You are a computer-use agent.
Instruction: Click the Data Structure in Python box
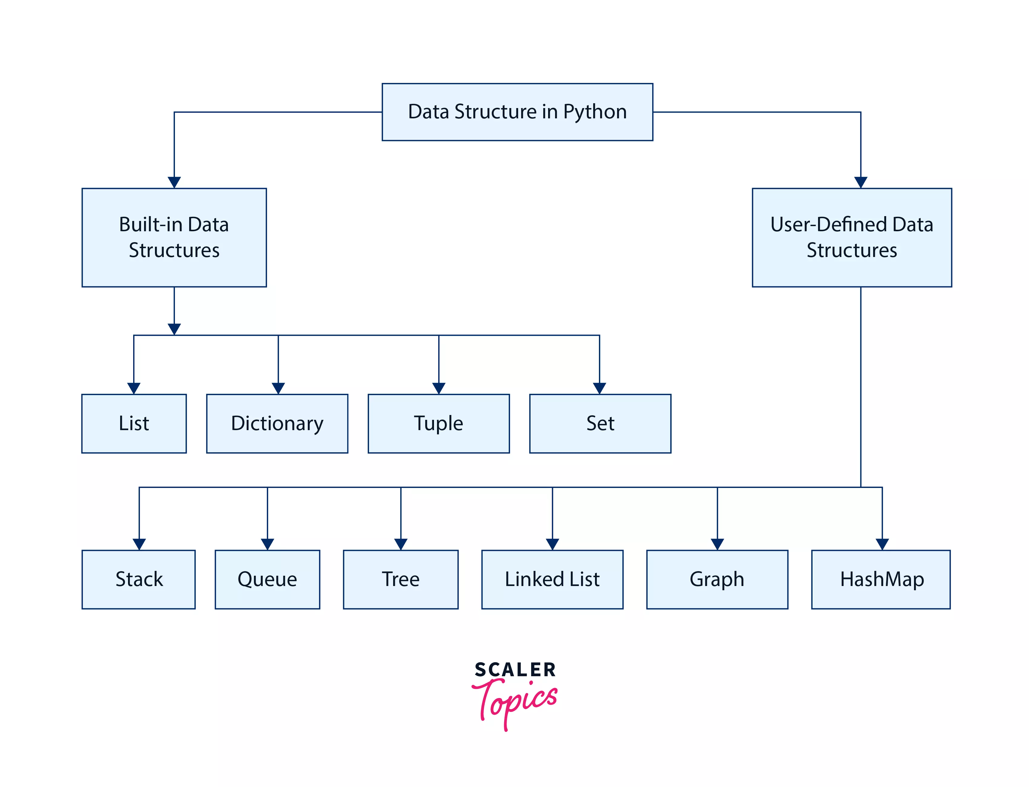coord(517,112)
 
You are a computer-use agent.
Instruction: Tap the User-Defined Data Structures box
coord(851,238)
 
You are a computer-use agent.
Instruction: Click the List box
coord(134,423)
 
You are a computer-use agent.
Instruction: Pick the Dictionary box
coord(277,423)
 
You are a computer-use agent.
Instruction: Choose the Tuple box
coord(439,423)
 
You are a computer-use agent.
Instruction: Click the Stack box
coord(139,579)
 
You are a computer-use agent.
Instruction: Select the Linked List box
coord(552,579)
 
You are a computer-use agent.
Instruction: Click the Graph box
coord(717,579)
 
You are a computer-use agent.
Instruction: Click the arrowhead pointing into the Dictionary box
coord(278,388)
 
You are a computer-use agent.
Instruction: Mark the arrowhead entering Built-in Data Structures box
coord(174,182)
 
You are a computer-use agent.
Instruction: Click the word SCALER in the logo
coord(515,670)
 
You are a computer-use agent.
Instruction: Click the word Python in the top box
coord(594,112)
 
